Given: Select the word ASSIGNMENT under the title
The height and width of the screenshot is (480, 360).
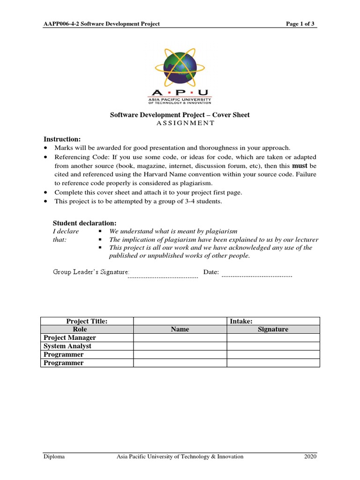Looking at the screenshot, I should [x=180, y=123].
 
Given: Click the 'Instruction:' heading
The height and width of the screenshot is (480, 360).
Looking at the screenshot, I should [x=62, y=139].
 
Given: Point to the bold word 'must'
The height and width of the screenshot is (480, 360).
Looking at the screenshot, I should [x=300, y=165].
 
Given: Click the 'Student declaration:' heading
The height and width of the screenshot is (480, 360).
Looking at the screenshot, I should [x=84, y=223].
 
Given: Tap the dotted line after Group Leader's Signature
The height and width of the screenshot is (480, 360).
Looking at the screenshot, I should [x=163, y=277].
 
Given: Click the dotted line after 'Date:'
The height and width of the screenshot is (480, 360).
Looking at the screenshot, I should [x=256, y=276].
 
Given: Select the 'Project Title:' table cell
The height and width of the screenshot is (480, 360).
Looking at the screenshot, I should [x=87, y=321].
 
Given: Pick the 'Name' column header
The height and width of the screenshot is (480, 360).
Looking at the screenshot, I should [x=180, y=330].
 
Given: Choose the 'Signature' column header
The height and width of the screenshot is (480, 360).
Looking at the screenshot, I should [x=273, y=330].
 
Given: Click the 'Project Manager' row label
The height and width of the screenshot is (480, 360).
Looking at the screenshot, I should [x=70, y=338].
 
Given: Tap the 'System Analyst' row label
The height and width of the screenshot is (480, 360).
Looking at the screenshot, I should [x=67, y=346].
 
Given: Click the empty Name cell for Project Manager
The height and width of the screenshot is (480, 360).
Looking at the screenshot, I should [x=180, y=338].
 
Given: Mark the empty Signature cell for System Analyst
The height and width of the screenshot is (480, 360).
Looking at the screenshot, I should [x=273, y=346].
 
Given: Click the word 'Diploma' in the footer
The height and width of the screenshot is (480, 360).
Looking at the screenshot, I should [x=54, y=457].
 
